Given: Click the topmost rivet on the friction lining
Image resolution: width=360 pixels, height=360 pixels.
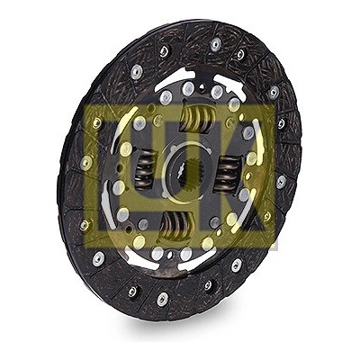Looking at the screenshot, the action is [x=215, y=44].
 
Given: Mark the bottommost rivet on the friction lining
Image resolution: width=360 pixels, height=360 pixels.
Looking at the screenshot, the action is [x=162, y=298].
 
